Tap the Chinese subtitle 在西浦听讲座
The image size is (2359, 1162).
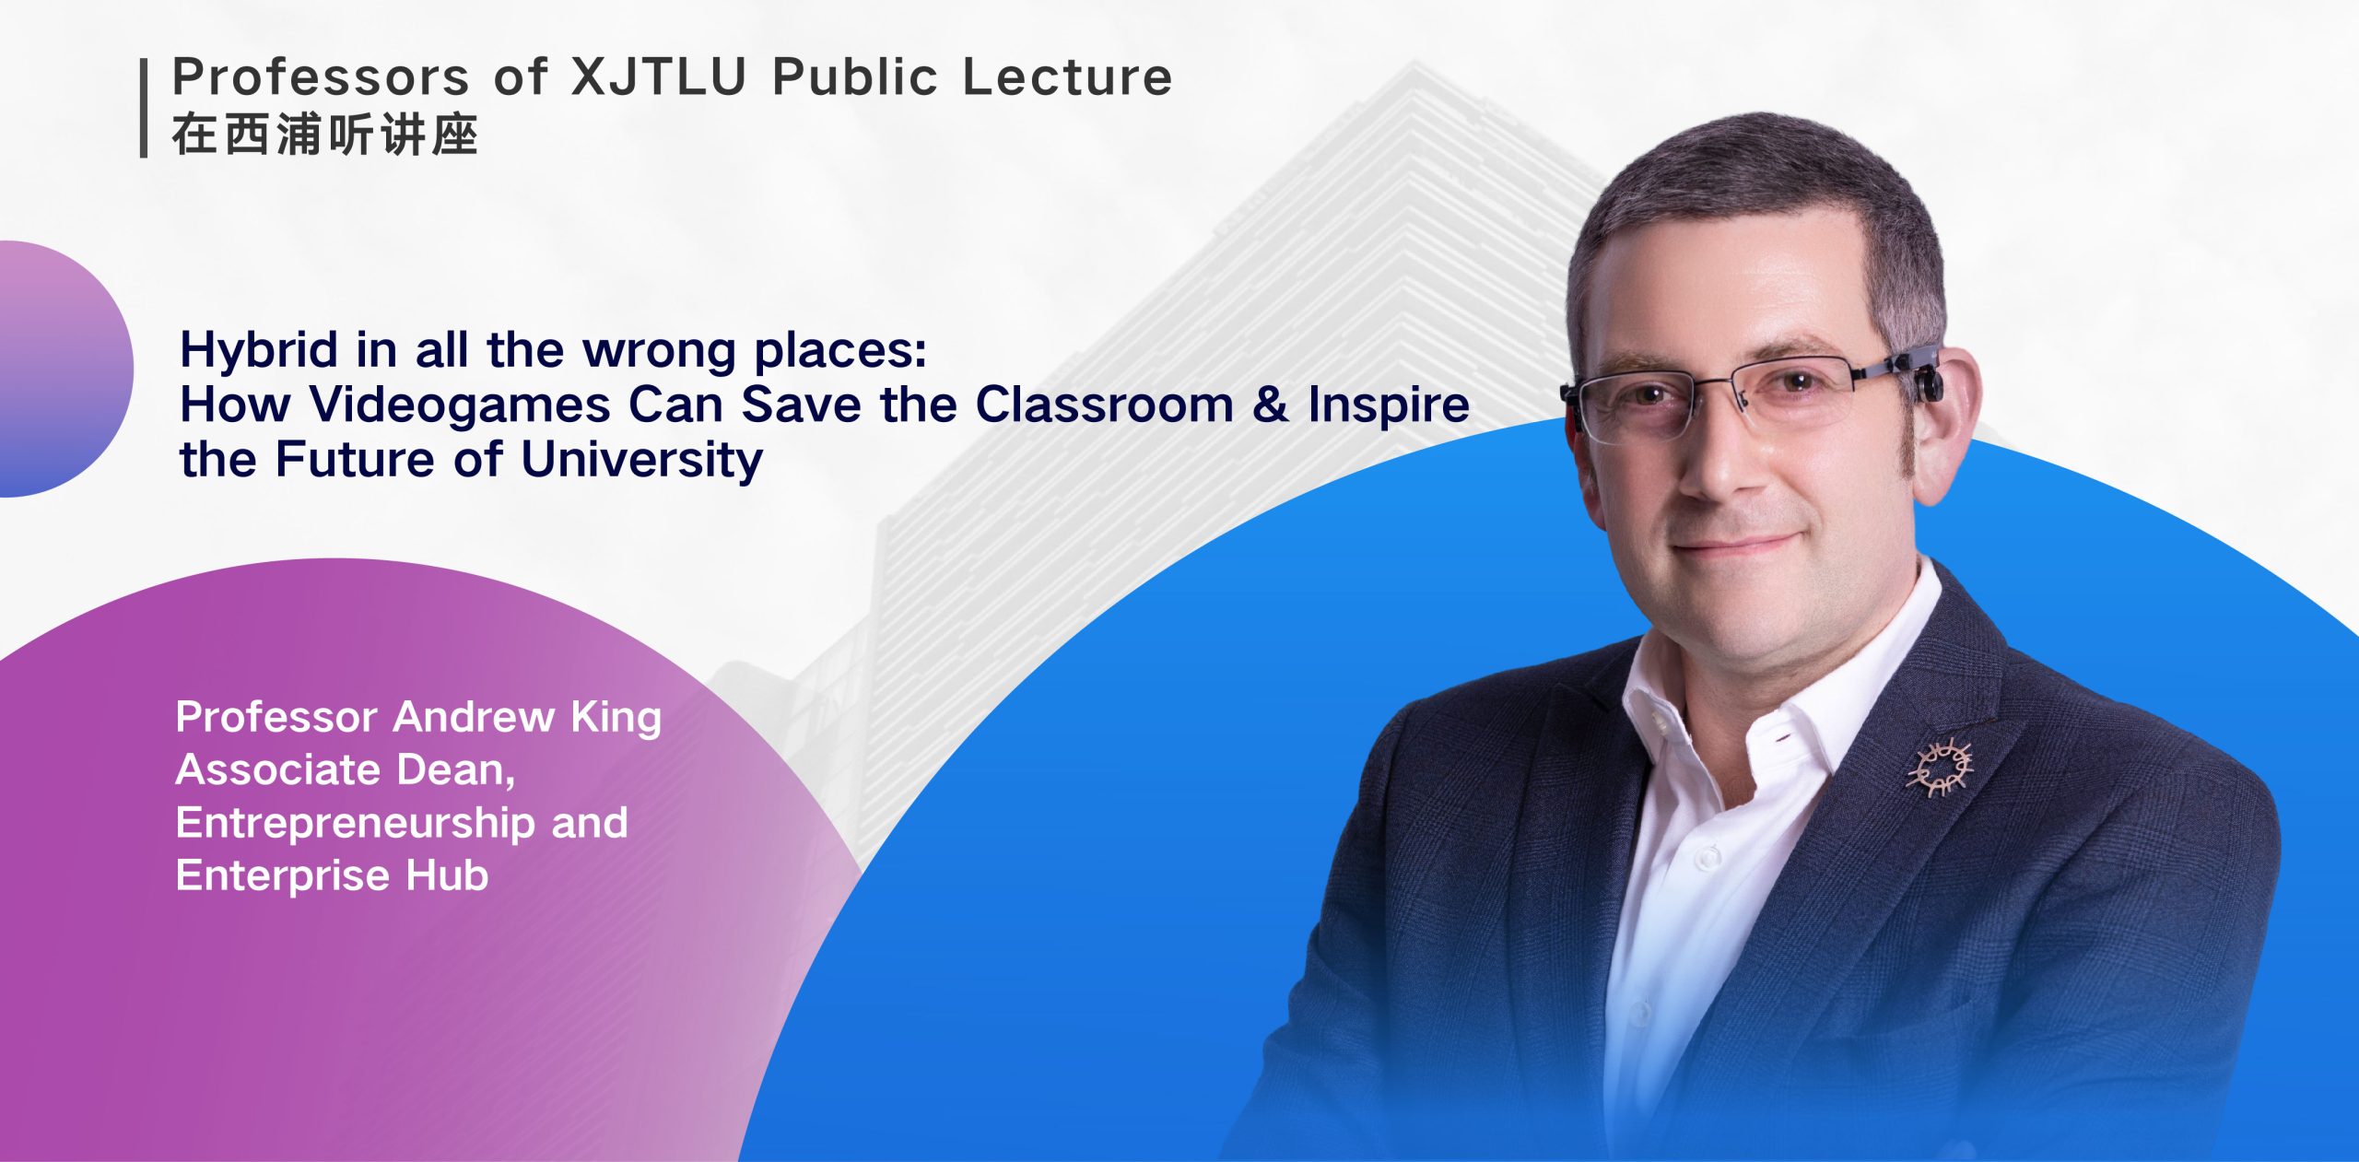click(324, 135)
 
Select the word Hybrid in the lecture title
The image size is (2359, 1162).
click(259, 351)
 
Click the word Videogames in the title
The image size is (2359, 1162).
click(460, 404)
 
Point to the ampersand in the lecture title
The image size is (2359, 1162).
click(1270, 404)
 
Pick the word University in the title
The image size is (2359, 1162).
click(641, 459)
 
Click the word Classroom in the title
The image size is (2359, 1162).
click(1104, 404)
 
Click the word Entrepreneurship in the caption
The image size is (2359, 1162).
click(356, 823)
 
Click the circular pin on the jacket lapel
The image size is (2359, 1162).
click(1939, 767)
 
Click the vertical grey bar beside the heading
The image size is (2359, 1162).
click(144, 109)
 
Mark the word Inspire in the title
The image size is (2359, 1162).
click(1388, 405)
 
